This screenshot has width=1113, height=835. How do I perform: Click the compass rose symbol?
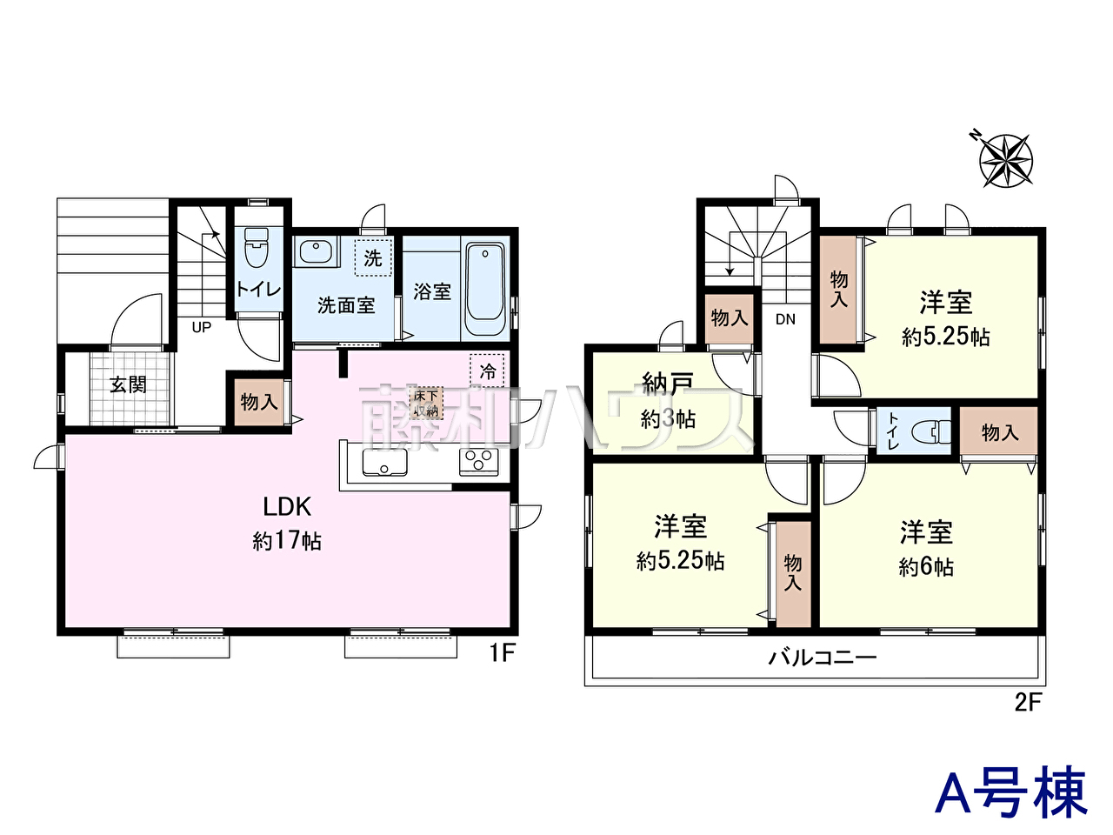(x=1005, y=160)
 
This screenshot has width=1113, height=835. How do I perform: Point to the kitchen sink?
(x=385, y=462)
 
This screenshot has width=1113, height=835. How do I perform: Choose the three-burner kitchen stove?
(x=478, y=462)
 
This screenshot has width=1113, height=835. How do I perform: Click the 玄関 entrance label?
(x=129, y=384)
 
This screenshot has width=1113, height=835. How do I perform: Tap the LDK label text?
(x=287, y=506)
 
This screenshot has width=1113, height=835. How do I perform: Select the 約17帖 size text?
(x=287, y=541)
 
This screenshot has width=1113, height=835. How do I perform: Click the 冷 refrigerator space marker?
(x=487, y=371)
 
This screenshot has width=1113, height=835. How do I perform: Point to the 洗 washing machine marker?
(x=373, y=257)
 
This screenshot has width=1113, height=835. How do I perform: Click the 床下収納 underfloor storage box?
(x=426, y=403)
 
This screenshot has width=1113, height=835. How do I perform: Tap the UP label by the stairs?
(x=202, y=328)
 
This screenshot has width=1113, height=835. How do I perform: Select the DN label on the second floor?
(x=785, y=319)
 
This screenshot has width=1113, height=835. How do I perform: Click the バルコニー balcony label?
(x=823, y=658)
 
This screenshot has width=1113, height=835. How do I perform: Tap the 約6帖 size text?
(x=926, y=567)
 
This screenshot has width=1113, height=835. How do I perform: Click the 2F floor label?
(x=1028, y=703)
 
